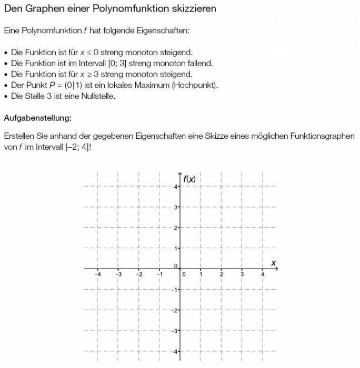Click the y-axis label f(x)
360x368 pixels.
pyautogui.click(x=189, y=179)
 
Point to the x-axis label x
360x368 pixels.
pyautogui.click(x=274, y=262)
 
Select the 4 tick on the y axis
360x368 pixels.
pyautogui.click(x=176, y=187)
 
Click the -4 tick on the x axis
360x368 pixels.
pyautogui.click(x=98, y=274)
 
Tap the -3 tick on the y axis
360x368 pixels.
pyautogui.click(x=175, y=331)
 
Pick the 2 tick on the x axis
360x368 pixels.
pyautogui.click(x=222, y=274)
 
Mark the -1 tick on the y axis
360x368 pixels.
pyautogui.click(x=175, y=290)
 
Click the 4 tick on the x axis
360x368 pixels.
pyautogui.click(x=263, y=274)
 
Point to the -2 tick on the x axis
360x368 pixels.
pyautogui.click(x=139, y=274)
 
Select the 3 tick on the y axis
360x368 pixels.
pyautogui.click(x=176, y=207)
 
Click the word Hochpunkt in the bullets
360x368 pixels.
pyautogui.click(x=196, y=85)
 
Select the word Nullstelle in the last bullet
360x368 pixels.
pyautogui.click(x=97, y=96)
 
